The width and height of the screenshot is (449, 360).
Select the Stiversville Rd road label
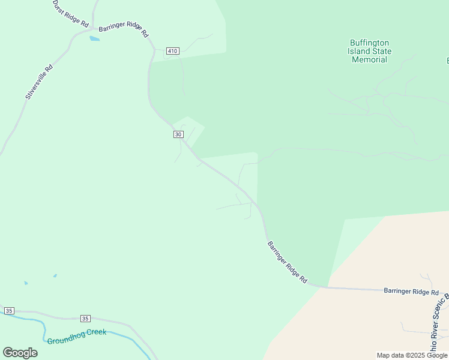point(39,82)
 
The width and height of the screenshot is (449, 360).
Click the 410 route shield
point(173,51)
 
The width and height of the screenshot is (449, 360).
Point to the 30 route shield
point(178,134)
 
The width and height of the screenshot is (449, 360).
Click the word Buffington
point(370,43)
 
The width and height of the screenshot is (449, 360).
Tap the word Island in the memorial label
point(359,51)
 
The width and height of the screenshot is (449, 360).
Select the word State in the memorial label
point(382,51)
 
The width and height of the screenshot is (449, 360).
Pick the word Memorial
point(370,59)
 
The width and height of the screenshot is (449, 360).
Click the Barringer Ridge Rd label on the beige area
point(411,292)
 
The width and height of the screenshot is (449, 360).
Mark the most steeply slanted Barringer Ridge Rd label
point(287,262)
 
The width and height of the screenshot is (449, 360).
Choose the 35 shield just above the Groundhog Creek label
point(85,318)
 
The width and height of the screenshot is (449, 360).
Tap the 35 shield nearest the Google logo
point(9,310)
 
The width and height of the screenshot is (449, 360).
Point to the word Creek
point(96,332)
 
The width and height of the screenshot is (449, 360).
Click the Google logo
point(20,353)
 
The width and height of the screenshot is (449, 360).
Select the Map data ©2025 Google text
point(412,355)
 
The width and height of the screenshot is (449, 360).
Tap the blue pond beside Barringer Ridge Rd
point(94,39)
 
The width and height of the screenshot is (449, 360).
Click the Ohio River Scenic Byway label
point(438,324)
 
